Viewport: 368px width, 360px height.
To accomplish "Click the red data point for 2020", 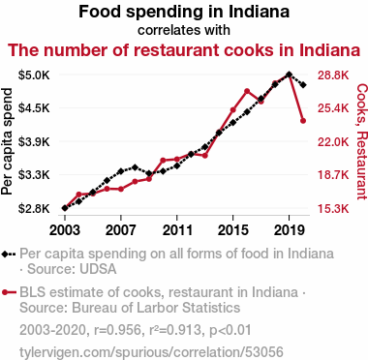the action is (303, 121).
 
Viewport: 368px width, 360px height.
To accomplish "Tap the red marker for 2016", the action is (247, 91).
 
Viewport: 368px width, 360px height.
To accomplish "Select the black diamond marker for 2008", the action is (135, 167).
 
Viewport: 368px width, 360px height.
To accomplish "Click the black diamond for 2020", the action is (303, 85).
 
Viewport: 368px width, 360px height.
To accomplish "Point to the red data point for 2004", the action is (78, 195).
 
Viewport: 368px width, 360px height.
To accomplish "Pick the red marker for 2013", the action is (204, 156).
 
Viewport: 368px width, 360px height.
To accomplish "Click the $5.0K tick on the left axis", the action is (34, 75).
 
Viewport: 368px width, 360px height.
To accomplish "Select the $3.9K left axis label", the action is (34, 141).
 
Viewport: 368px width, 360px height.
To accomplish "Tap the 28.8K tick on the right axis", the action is (333, 75).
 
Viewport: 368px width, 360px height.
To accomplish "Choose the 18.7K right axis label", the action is (333, 175).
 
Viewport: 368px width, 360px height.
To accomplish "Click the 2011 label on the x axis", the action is (177, 230).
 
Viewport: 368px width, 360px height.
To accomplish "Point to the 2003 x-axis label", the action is (65, 230).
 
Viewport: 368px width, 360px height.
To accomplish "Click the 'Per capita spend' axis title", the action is (7, 141).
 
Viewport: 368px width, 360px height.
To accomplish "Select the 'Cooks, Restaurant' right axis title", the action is (361, 141).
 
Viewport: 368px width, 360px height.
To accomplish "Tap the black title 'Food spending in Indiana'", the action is (184, 12).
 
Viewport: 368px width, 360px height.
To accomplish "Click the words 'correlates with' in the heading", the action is (184, 30).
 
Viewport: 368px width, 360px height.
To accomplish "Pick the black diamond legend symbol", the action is (9, 254).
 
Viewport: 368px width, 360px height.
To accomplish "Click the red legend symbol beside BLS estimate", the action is (9, 292).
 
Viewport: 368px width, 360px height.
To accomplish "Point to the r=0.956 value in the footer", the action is (117, 330).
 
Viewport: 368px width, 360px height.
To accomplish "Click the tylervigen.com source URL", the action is (151, 352).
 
